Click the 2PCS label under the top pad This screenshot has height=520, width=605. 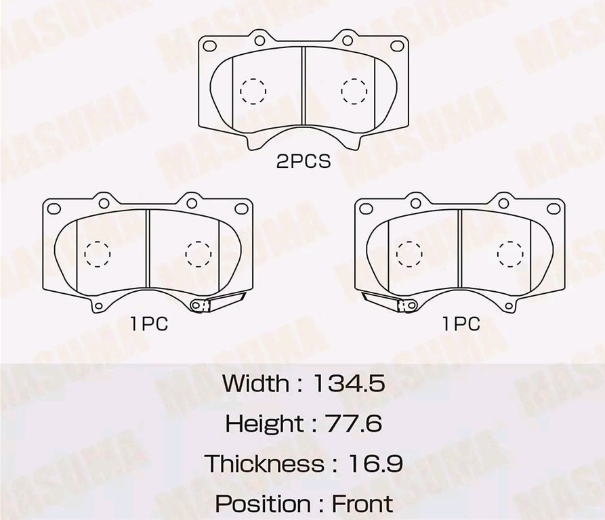(304, 162)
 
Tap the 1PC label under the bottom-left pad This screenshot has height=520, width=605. (150, 324)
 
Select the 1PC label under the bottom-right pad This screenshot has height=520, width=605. (461, 324)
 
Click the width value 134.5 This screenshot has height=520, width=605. (349, 383)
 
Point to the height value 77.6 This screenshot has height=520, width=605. (354, 424)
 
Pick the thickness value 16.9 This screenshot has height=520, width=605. (375, 464)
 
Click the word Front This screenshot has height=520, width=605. (362, 504)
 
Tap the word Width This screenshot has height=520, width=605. (255, 383)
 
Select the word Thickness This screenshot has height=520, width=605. (264, 464)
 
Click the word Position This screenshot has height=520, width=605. (262, 504)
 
